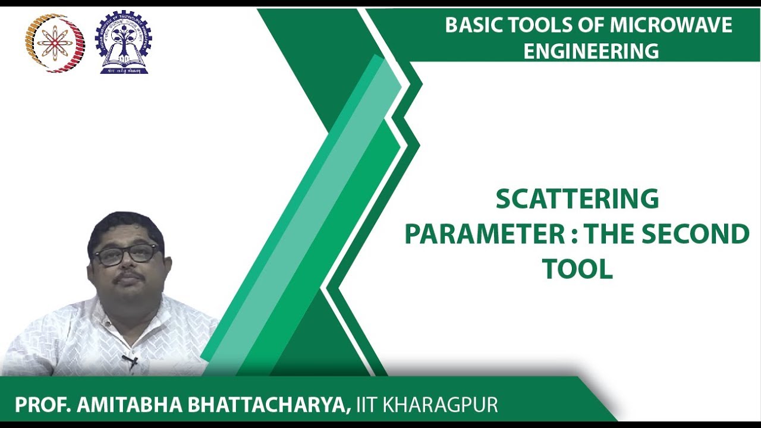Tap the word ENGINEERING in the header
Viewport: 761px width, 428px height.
[591, 51]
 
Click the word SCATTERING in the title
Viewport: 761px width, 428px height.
[577, 200]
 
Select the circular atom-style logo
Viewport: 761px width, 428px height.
[55, 43]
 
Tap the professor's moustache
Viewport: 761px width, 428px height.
[129, 276]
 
